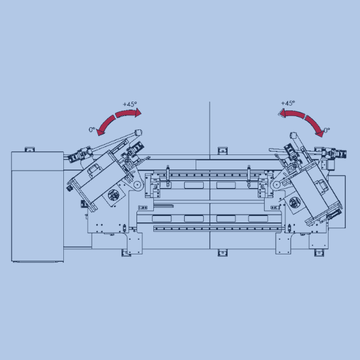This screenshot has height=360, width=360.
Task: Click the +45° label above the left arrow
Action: (130, 105)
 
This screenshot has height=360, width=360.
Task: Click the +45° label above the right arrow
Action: (287, 103)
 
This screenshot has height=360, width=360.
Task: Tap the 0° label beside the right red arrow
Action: (327, 130)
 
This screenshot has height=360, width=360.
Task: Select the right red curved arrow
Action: (304, 120)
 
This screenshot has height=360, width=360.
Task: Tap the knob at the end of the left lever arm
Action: (139, 132)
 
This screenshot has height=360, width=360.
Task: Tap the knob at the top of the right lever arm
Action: (294, 135)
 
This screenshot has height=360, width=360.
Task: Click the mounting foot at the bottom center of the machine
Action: (221, 252)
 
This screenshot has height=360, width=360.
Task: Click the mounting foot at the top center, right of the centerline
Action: (221, 151)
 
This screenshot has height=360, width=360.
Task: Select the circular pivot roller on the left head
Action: (138, 185)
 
